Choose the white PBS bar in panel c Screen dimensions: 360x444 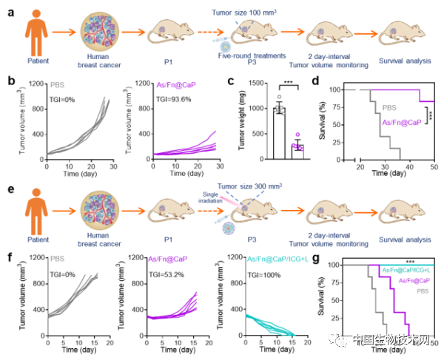280,133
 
